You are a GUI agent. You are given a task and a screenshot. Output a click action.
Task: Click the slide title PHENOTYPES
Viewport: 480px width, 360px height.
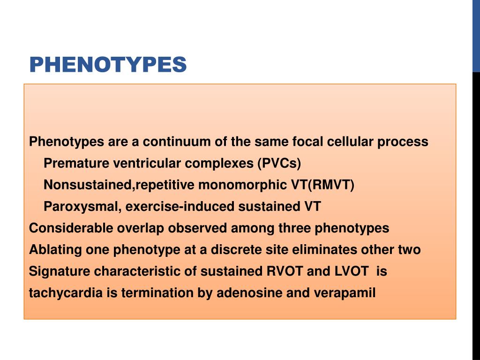(108, 65)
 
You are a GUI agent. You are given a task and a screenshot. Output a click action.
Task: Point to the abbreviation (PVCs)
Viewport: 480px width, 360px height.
(279, 164)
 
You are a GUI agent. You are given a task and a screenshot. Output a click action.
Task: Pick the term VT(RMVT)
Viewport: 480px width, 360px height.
(322, 185)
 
